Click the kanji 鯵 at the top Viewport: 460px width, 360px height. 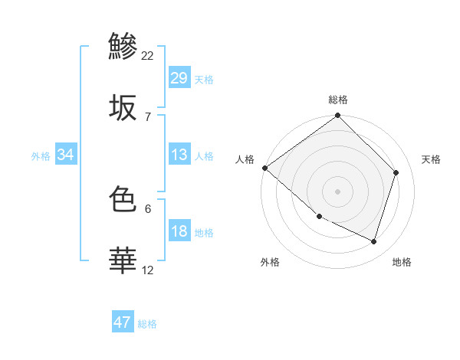[x=123, y=45]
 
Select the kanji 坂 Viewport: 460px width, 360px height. [x=123, y=108]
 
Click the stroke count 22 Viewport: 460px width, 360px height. [x=148, y=55]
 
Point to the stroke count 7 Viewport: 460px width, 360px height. [x=147, y=116]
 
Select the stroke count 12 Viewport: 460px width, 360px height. [x=148, y=270]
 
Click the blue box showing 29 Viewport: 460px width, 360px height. [x=179, y=78]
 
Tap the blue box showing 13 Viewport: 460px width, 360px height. [x=179, y=155]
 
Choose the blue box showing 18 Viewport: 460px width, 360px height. [x=179, y=231]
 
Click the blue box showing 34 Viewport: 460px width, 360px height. [x=66, y=155]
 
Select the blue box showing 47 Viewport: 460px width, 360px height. [x=122, y=322]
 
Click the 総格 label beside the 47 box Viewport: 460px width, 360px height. [x=147, y=324]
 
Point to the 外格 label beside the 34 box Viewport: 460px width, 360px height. [x=41, y=155]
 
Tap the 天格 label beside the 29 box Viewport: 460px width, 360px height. [x=204, y=79]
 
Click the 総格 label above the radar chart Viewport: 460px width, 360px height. [x=338, y=100]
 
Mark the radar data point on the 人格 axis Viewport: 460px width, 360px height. [x=264, y=168]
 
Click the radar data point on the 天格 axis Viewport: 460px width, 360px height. [x=396, y=172]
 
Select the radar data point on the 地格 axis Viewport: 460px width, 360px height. [x=374, y=241]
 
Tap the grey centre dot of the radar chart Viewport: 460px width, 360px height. [x=337, y=191]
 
